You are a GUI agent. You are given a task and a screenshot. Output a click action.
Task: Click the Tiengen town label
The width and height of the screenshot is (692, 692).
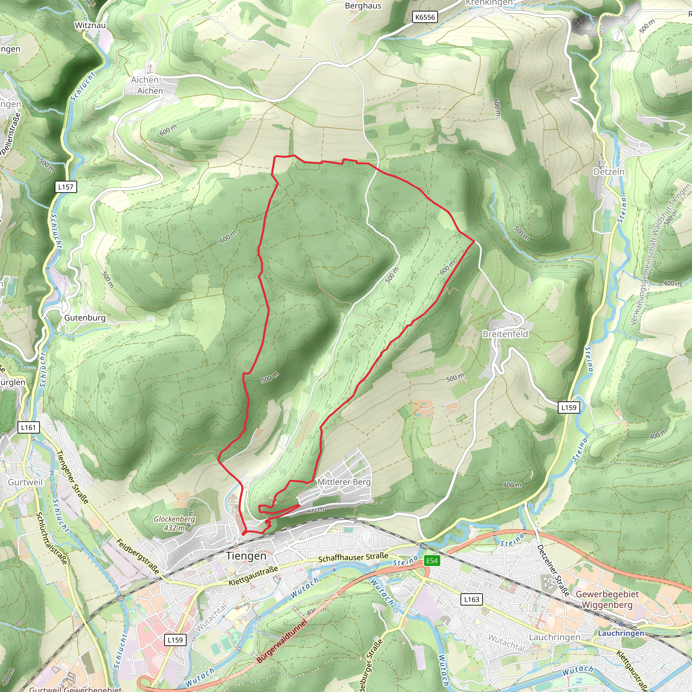tap(246, 556)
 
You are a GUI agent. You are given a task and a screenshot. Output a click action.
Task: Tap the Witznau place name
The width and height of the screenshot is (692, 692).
tap(90, 25)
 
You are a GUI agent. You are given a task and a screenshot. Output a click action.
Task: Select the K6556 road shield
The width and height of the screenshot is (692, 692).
tap(425, 17)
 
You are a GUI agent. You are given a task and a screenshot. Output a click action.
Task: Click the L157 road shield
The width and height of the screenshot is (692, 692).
tap(66, 187)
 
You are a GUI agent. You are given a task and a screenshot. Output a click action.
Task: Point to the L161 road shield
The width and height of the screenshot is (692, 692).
tap(29, 427)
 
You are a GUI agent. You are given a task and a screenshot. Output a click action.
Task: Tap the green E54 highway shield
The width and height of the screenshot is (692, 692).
tap(432, 561)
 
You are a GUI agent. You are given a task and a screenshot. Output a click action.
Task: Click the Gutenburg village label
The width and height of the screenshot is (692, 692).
tap(85, 318)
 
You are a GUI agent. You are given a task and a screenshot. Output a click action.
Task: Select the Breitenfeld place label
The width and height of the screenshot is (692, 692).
tap(505, 334)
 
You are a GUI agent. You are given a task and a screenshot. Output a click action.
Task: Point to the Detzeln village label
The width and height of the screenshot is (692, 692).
tap(609, 172)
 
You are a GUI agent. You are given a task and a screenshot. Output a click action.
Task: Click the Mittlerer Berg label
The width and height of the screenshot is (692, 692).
tap(344, 482)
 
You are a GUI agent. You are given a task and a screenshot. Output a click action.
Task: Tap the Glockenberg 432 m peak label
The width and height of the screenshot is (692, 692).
tap(174, 523)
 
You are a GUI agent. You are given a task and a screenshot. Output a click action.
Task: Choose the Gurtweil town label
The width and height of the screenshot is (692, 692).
tap(25, 482)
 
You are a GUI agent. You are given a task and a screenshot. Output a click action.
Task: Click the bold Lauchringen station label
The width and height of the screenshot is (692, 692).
tap(621, 633)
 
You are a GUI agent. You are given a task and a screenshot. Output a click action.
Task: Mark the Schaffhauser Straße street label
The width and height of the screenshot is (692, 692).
tap(353, 557)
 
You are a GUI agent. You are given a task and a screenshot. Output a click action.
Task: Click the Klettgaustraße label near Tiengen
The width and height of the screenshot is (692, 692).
tap(253, 576)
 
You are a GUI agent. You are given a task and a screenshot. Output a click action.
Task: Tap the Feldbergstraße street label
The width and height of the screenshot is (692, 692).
tap(138, 557)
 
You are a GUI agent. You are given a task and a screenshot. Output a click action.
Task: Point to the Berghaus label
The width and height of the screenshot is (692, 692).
tap(363, 6)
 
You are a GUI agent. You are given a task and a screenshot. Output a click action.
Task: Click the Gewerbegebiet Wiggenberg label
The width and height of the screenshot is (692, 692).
tap(607, 599)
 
